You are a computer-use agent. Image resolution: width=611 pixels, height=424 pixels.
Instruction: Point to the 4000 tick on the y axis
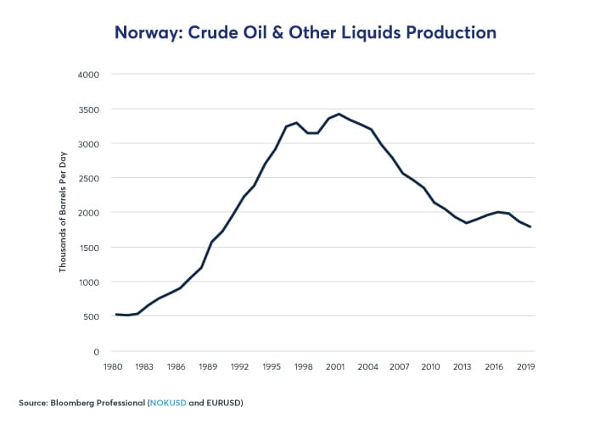(89, 75)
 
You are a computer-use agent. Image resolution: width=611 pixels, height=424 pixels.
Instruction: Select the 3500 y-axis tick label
(89, 109)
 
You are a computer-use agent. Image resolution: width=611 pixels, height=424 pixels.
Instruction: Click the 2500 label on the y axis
(89, 178)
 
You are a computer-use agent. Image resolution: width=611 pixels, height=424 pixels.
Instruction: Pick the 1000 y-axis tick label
(89, 282)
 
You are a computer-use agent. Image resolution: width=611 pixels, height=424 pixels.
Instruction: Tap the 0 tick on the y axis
(97, 351)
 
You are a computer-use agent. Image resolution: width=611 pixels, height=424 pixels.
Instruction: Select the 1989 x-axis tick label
(208, 367)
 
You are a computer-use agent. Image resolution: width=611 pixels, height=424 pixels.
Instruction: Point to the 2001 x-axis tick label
(334, 367)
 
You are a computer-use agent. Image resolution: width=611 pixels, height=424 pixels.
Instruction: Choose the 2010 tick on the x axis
(429, 367)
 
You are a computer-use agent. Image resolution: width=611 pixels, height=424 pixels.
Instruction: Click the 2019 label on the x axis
(524, 367)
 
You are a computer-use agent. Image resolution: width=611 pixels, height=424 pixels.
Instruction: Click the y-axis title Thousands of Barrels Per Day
(64, 213)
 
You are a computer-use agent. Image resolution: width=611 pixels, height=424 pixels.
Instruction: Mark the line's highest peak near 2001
(339, 114)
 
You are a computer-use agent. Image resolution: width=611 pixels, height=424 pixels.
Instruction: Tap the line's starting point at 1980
(115, 315)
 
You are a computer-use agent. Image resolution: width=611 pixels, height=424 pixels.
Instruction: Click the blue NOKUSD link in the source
(169, 401)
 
